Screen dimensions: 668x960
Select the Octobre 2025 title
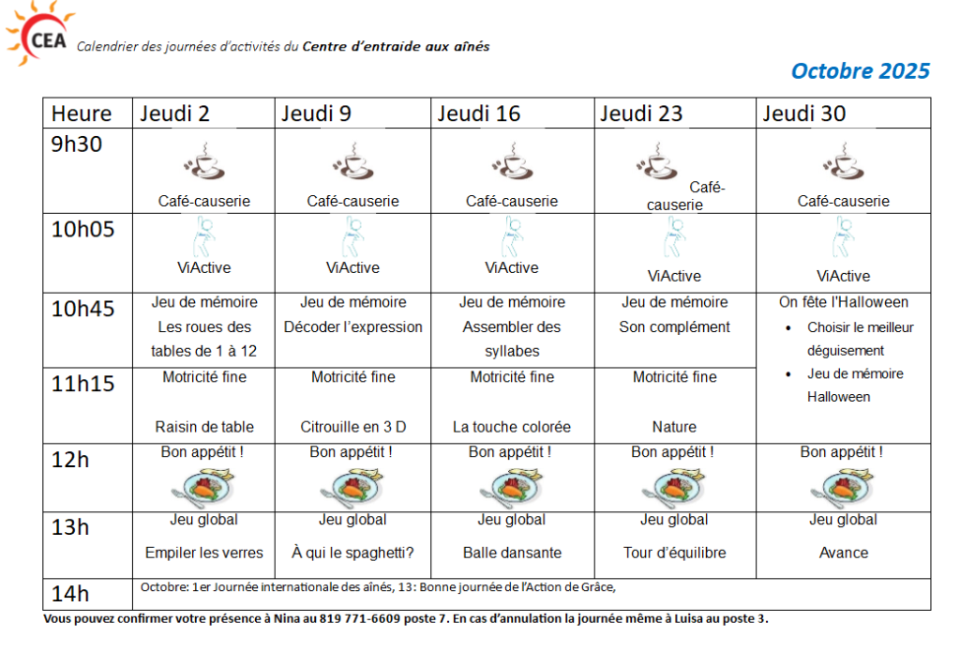point(860,71)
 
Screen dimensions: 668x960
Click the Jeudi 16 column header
point(478,114)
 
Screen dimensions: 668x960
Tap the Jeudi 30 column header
point(803,114)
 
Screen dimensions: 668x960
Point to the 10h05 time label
point(82,229)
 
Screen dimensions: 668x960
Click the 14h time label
point(70,593)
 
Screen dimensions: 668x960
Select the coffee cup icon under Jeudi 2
point(203,162)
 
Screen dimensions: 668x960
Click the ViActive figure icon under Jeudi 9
point(352,236)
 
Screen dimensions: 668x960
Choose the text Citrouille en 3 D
point(353,427)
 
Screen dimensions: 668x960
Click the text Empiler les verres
point(203,553)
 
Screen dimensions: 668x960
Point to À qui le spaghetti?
point(352,553)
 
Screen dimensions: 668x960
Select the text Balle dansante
point(512,553)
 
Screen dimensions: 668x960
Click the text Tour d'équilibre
point(674,553)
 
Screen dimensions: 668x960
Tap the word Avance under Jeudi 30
point(843,553)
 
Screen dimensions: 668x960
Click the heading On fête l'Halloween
point(843,302)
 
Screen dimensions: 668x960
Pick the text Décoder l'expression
point(353,327)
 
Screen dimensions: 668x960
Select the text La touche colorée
point(512,427)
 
